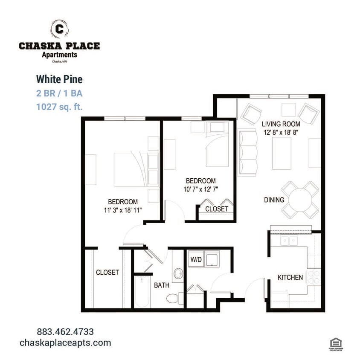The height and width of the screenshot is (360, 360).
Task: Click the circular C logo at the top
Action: point(59,29)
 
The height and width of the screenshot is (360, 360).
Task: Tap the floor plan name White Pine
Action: point(59,79)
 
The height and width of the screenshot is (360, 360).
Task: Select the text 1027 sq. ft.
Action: point(59,107)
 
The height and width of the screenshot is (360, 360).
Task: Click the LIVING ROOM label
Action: point(279,124)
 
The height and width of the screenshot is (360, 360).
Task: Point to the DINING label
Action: point(274,200)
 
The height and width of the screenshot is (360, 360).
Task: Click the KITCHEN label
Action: point(290,277)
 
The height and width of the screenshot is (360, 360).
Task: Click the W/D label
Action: point(195,259)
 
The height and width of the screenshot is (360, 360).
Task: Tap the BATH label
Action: point(162,285)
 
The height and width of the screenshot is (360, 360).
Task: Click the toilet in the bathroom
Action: point(172,298)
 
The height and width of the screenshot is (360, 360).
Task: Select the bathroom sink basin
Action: point(178,273)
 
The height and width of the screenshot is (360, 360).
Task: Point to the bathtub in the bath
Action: point(142,293)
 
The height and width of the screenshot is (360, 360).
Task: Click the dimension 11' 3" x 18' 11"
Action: point(123,210)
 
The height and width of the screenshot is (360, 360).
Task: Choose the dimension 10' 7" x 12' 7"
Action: point(200,189)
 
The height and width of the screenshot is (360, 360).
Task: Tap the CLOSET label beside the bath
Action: point(107,272)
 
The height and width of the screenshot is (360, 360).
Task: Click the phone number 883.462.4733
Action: point(65,331)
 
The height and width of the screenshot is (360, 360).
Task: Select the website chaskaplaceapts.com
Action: point(65,343)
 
